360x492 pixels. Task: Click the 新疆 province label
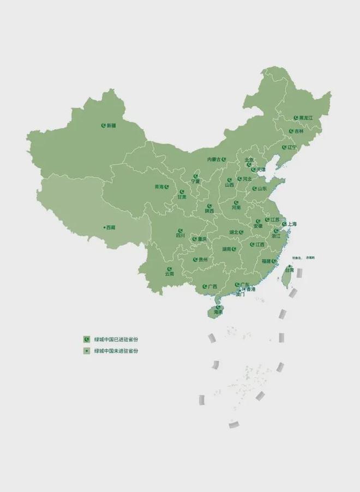pyautogui.click(x=111, y=125)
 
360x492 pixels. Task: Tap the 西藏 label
pyautogui.click(x=111, y=227)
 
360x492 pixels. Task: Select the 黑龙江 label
pyautogui.click(x=307, y=117)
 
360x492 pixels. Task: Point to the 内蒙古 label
pyautogui.click(x=214, y=159)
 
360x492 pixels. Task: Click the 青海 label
pyautogui.click(x=159, y=187)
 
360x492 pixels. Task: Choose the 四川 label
pyautogui.click(x=181, y=236)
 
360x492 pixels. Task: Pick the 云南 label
pyautogui.click(x=170, y=274)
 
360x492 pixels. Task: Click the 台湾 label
pyautogui.click(x=289, y=270)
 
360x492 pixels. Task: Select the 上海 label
pyautogui.click(x=292, y=224)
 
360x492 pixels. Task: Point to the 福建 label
pyautogui.click(x=266, y=261)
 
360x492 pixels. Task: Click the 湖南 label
pyautogui.click(x=226, y=249)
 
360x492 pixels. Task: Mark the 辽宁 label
pyautogui.click(x=292, y=147)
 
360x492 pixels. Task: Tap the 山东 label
pyautogui.click(x=262, y=188)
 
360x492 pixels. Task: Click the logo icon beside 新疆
pyautogui.click(x=103, y=125)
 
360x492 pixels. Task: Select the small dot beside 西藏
pyautogui.click(x=104, y=227)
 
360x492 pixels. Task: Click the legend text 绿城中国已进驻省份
pyautogui.click(x=116, y=339)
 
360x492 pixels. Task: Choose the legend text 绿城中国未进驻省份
pyautogui.click(x=116, y=351)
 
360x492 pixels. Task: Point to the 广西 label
pyautogui.click(x=212, y=286)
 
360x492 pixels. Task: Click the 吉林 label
pyautogui.click(x=298, y=131)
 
